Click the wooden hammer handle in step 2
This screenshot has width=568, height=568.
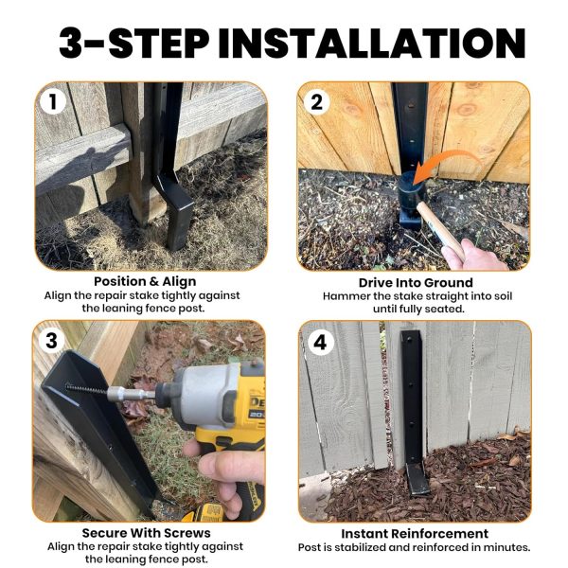pyautogui.click(x=445, y=231)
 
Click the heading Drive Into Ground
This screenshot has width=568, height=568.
pyautogui.click(x=415, y=282)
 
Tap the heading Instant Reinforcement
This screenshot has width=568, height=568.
pyautogui.click(x=415, y=533)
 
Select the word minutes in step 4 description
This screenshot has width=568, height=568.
pyautogui.click(x=502, y=547)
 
